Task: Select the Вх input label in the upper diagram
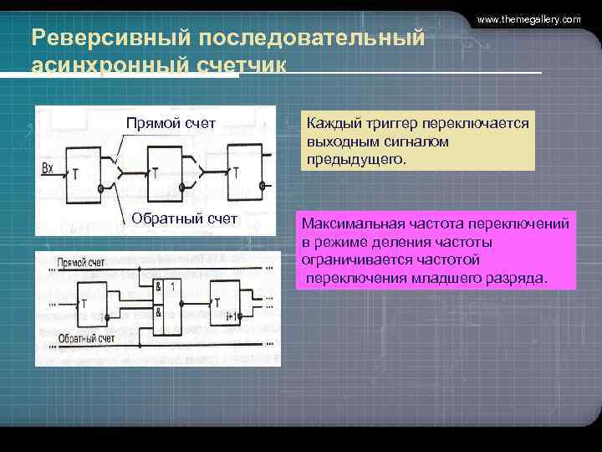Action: (48, 168)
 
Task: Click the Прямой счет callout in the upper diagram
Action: (171, 124)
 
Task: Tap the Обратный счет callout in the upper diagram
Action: (185, 219)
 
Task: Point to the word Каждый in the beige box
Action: (333, 123)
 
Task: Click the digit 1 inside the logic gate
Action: (172, 286)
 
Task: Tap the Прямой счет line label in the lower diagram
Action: (81, 264)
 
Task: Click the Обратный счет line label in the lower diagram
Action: (86, 339)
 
